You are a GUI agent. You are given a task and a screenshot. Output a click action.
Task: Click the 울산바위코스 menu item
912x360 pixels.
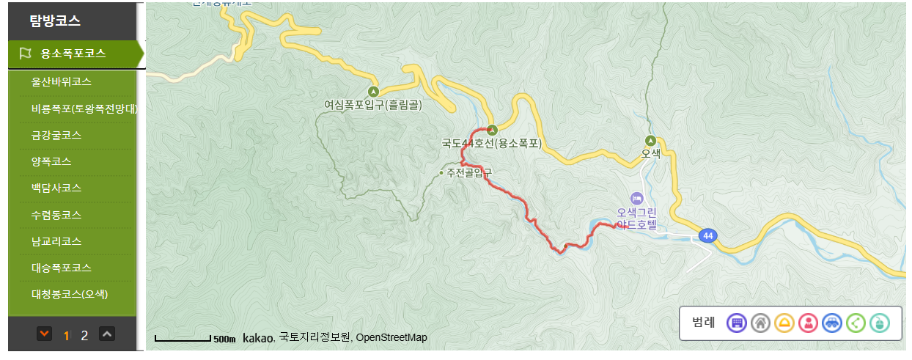pos(66,81)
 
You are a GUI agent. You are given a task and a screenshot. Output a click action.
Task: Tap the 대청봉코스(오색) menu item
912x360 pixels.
pos(70,295)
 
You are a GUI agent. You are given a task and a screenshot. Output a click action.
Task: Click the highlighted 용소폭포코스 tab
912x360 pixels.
pos(73,54)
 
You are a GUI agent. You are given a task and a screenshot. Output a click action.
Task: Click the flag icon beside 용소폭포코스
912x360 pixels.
pos(26,54)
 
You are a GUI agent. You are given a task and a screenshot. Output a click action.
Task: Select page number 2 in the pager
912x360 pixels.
pos(84,336)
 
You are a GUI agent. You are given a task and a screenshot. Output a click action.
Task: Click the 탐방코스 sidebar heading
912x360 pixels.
pos(55,21)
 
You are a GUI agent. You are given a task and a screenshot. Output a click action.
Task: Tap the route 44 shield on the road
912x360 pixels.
pos(707,235)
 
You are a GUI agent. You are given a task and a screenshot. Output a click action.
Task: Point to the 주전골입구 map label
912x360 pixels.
pos(466,172)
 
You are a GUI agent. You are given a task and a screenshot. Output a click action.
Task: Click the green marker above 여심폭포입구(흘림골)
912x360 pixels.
pos(373,92)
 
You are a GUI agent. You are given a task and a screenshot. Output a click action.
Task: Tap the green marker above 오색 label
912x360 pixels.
pos(650,141)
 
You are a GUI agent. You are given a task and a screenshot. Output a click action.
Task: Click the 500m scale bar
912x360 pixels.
pos(183,339)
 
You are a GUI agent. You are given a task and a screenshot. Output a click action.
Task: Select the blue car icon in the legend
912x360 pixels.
pos(831,323)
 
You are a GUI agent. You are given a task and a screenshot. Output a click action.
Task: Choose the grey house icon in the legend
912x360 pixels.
pos(760,323)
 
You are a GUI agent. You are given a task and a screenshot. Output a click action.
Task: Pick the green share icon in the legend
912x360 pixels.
pos(856,323)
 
